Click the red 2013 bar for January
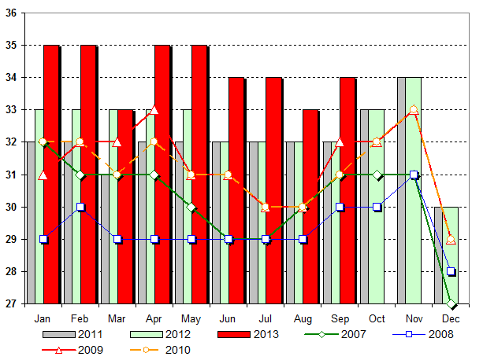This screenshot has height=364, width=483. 51,173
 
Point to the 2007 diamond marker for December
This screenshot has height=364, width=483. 451,303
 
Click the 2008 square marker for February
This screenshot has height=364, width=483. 80,207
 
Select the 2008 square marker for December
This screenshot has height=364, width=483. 451,271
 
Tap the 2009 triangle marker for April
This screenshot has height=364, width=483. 154,110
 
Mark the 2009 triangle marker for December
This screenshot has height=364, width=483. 451,239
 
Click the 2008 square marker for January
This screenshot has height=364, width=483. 43,239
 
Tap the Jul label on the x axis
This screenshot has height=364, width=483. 266,319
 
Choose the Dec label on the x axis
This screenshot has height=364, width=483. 451,319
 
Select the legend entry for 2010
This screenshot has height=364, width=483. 165,349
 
